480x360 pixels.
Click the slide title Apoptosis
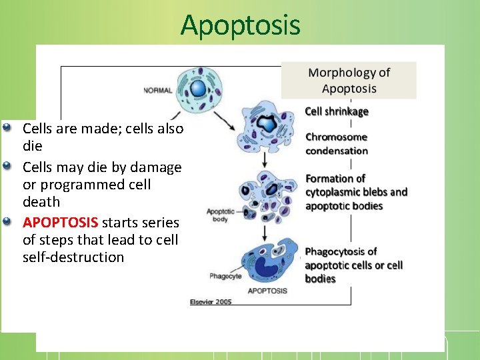tap(240, 25)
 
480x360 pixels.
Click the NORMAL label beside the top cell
tap(157, 91)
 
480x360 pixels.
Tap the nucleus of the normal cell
tap(198, 89)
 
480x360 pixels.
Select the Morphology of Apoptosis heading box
tap(349, 81)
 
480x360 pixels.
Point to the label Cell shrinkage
tap(337, 111)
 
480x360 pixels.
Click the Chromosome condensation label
tap(337, 144)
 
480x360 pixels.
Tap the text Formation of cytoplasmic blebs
tap(356, 185)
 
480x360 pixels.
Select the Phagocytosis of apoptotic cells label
tap(353, 258)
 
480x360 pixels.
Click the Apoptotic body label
tap(218, 215)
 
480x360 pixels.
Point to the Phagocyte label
tap(225, 275)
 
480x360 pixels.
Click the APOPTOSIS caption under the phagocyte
tap(267, 291)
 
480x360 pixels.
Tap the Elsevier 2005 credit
tap(211, 302)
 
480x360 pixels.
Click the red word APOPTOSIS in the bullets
tap(61, 222)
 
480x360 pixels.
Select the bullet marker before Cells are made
tap(7, 126)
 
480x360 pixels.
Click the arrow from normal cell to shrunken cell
tap(224, 121)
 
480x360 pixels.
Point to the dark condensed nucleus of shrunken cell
tap(267, 124)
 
